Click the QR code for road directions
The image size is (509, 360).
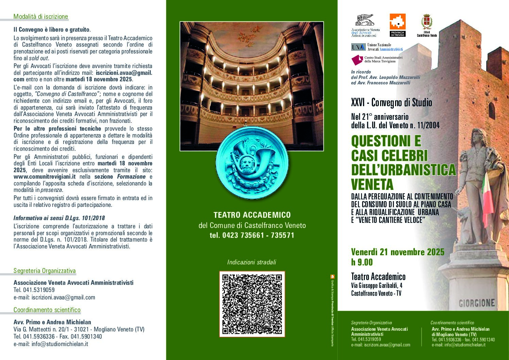252,304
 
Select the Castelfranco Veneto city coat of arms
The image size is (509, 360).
426,23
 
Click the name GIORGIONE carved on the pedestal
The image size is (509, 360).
477,303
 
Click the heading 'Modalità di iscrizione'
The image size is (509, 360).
40,17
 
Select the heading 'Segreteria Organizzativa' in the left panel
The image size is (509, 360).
45,271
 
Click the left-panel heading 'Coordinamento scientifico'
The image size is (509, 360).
47,310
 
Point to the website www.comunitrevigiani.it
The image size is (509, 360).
45,177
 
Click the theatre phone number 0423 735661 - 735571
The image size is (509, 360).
252,235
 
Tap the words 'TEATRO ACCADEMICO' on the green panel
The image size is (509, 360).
252,215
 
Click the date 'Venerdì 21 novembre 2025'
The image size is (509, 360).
397,252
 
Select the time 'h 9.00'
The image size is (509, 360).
362,262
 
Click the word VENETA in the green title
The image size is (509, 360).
372,184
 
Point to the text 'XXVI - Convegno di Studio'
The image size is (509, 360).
391,102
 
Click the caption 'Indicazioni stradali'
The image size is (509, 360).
252,262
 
